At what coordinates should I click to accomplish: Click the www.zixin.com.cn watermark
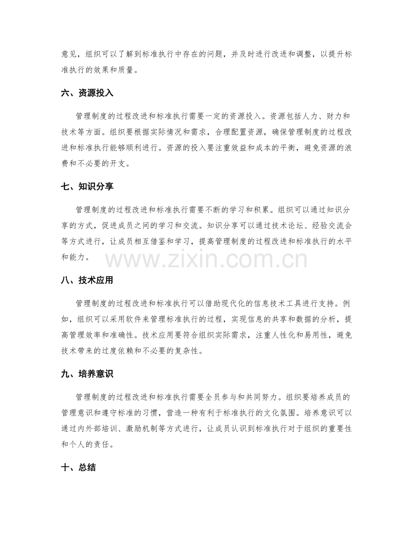tap(206, 260)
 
